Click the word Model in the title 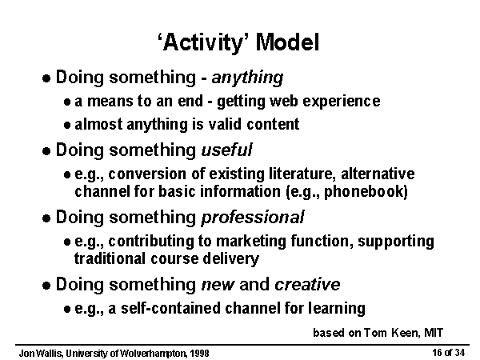(x=287, y=42)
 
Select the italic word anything (x=247, y=78)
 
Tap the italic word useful (x=226, y=150)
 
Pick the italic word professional (x=253, y=218)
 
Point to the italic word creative (x=307, y=284)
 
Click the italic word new (x=218, y=286)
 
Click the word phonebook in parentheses (x=366, y=192)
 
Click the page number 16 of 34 (x=448, y=353)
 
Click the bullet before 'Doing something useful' (x=46, y=151)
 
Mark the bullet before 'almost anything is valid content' (x=67, y=126)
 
